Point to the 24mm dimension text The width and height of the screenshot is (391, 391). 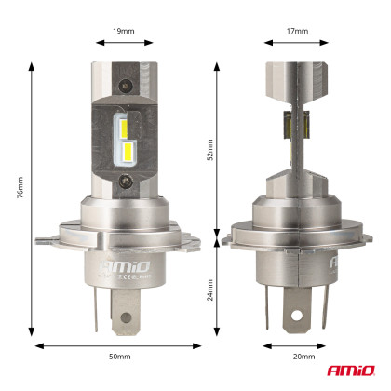210,293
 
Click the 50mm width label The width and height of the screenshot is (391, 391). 118,357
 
